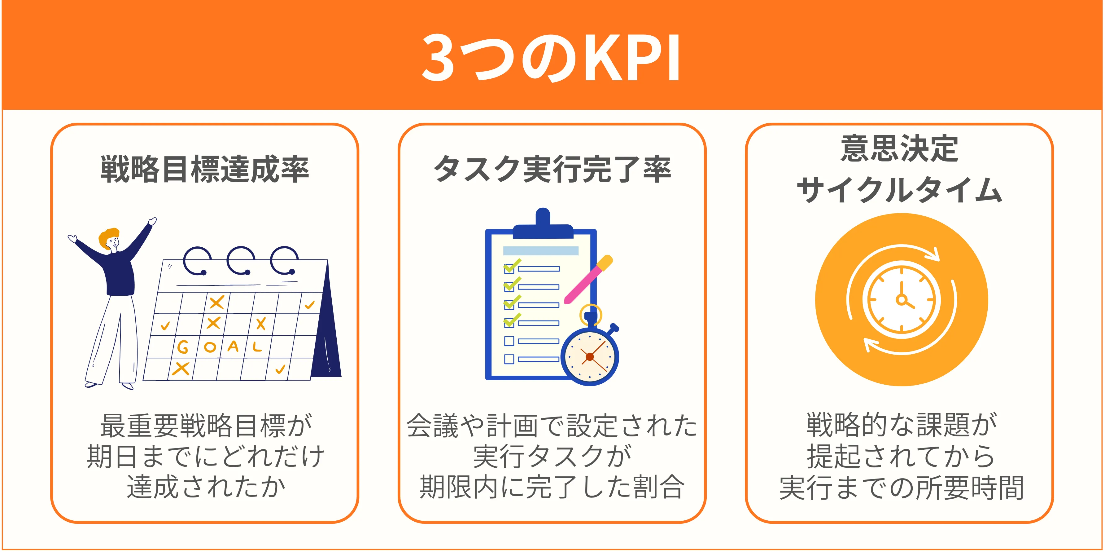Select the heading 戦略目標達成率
coord(205,169)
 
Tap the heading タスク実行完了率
coord(552,169)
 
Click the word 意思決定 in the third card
coord(900,148)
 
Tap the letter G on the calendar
coord(183,347)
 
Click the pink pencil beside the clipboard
coord(588,280)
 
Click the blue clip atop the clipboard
coord(543,224)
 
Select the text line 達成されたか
coord(206,487)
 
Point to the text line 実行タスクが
coord(552,456)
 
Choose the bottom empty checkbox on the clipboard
coord(509,359)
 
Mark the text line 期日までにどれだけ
coord(206,456)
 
